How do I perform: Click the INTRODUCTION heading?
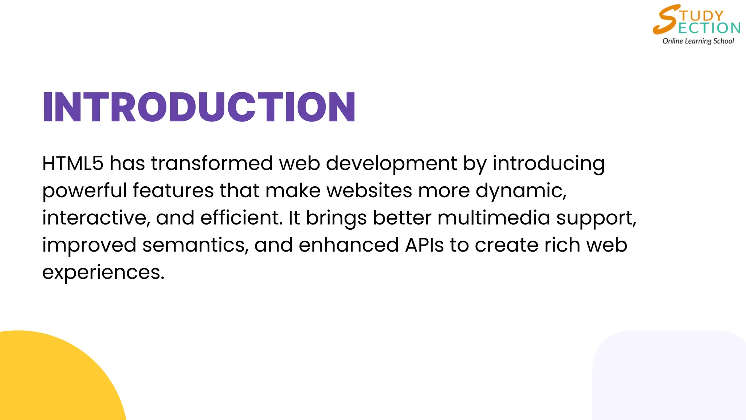coord(199,107)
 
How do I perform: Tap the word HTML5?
coord(73,163)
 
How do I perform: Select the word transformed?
coord(212,163)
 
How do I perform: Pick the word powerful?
coord(84,191)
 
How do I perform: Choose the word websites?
coord(369,191)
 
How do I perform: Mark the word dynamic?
coord(521,191)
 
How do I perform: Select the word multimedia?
coord(494,218)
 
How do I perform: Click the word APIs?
coord(424,245)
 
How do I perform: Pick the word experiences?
coord(103,273)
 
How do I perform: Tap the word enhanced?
coord(349,245)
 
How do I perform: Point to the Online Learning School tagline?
coord(698,41)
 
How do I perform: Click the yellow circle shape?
coord(55,379)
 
